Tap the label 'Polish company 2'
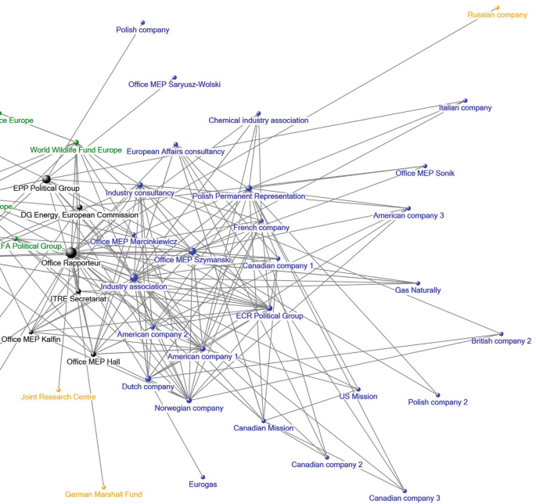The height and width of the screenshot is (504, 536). pyautogui.click(x=437, y=402)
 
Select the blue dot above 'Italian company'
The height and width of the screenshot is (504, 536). pyautogui.click(x=465, y=100)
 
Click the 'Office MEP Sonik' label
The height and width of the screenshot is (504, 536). pyautogui.click(x=425, y=173)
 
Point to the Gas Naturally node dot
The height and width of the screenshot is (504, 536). pyautogui.click(x=418, y=283)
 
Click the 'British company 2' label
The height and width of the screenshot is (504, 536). pyautogui.click(x=501, y=341)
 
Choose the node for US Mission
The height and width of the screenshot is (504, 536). pyautogui.click(x=358, y=389)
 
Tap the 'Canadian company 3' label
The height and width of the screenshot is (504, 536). pyautogui.click(x=405, y=498)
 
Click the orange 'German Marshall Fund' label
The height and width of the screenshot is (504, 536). pyautogui.click(x=103, y=495)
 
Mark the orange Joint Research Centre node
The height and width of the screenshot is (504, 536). pyautogui.click(x=58, y=389)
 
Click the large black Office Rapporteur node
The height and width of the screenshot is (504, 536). pyautogui.click(x=71, y=252)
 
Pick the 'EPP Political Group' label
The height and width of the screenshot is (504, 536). pyautogui.click(x=46, y=189)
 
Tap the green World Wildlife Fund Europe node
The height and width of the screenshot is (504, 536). pyautogui.click(x=76, y=142)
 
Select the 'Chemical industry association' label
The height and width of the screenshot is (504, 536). pyautogui.click(x=258, y=121)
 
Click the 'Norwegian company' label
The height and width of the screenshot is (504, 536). pyautogui.click(x=189, y=408)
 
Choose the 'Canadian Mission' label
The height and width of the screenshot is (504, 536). pyautogui.click(x=264, y=428)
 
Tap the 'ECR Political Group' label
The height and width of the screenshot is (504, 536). pyautogui.click(x=269, y=316)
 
